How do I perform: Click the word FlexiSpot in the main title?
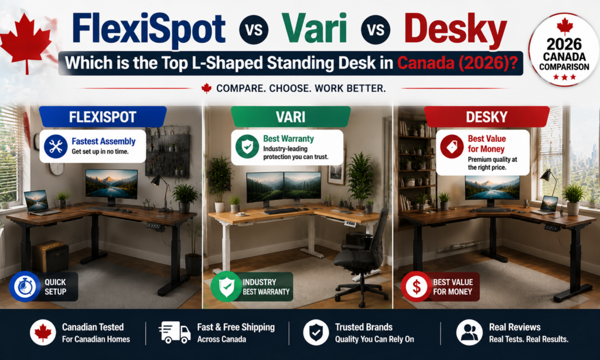click(x=148, y=29)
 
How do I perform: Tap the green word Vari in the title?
click(x=314, y=28)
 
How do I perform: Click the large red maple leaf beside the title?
click(x=26, y=42)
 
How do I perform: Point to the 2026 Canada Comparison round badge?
click(x=564, y=49)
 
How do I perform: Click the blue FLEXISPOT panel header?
click(x=103, y=117)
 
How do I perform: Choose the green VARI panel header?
click(x=291, y=117)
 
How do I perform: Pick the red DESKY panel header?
click(x=487, y=117)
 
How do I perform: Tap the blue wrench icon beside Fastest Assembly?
click(x=56, y=147)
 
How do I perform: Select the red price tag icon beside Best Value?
click(x=452, y=147)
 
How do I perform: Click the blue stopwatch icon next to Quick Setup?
click(x=25, y=287)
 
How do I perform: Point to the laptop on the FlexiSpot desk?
click(x=39, y=203)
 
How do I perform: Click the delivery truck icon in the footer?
click(x=175, y=332)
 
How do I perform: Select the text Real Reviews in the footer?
click(x=514, y=327)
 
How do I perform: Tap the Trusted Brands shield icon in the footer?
click(x=316, y=332)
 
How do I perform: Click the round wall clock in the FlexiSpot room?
click(x=56, y=168)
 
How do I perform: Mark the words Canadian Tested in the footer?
click(x=93, y=327)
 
